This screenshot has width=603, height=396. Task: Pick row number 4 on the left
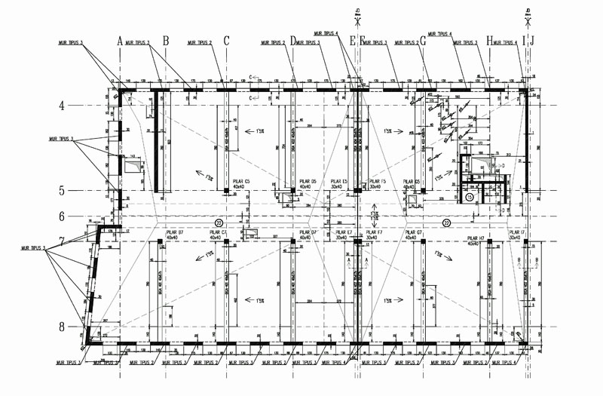click(63, 106)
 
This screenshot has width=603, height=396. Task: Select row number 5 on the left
click(63, 191)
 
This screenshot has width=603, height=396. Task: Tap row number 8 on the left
click(63, 327)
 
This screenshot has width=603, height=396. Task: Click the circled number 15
click(469, 197)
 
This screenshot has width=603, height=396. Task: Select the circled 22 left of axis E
click(219, 221)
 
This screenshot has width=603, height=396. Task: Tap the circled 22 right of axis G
click(447, 223)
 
